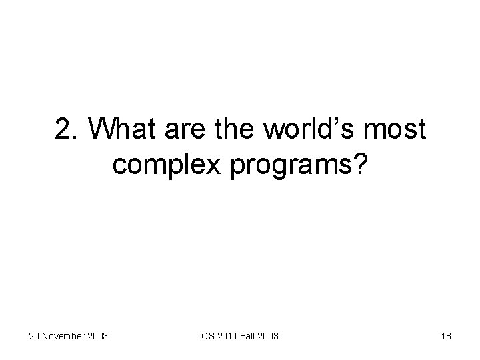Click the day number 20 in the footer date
click(x=34, y=336)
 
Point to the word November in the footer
click(x=65, y=336)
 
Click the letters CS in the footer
click(x=207, y=336)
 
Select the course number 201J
click(x=228, y=336)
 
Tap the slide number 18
click(x=446, y=336)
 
